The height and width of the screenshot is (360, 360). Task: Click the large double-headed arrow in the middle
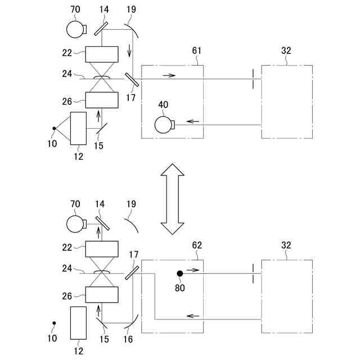(172, 199)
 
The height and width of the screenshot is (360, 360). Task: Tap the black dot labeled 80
(180, 274)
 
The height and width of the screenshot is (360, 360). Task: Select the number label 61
(197, 51)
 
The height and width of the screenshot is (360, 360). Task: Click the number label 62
(197, 245)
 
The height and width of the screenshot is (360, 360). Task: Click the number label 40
(163, 104)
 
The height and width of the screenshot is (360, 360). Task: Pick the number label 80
(179, 287)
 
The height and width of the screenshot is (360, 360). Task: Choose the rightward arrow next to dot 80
(193, 270)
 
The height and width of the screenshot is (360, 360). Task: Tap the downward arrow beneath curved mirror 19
(130, 52)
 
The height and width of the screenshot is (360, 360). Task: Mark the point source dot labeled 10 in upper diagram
(53, 129)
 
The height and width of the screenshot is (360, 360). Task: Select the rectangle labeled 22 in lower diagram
(102, 249)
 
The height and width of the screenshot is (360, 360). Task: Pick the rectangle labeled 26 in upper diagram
(102, 100)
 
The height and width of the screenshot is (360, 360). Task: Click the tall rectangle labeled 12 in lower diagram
(78, 323)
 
